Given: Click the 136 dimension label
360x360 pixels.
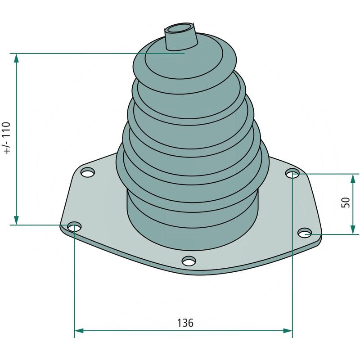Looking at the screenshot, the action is pyautogui.click(x=185, y=323).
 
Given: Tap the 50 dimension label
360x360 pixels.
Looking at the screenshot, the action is pyautogui.click(x=345, y=202).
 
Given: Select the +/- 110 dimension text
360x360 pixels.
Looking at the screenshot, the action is pyautogui.click(x=7, y=138).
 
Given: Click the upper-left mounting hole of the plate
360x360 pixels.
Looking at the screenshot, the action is pyautogui.click(x=88, y=172).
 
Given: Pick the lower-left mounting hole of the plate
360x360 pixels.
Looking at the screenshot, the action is pyautogui.click(x=74, y=227).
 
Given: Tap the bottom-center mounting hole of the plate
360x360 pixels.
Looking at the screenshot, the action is pyautogui.click(x=189, y=261).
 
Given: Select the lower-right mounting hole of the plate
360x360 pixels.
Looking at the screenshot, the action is pyautogui.click(x=305, y=233).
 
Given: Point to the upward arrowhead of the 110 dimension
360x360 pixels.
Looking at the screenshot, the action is pyautogui.click(x=16, y=59).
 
